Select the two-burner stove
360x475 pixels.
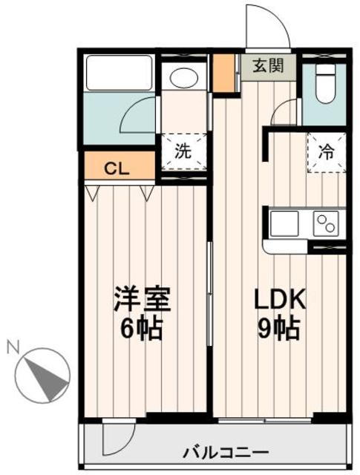(327, 222)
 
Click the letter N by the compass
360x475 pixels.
(13, 346)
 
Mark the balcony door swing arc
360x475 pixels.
(119, 438)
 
